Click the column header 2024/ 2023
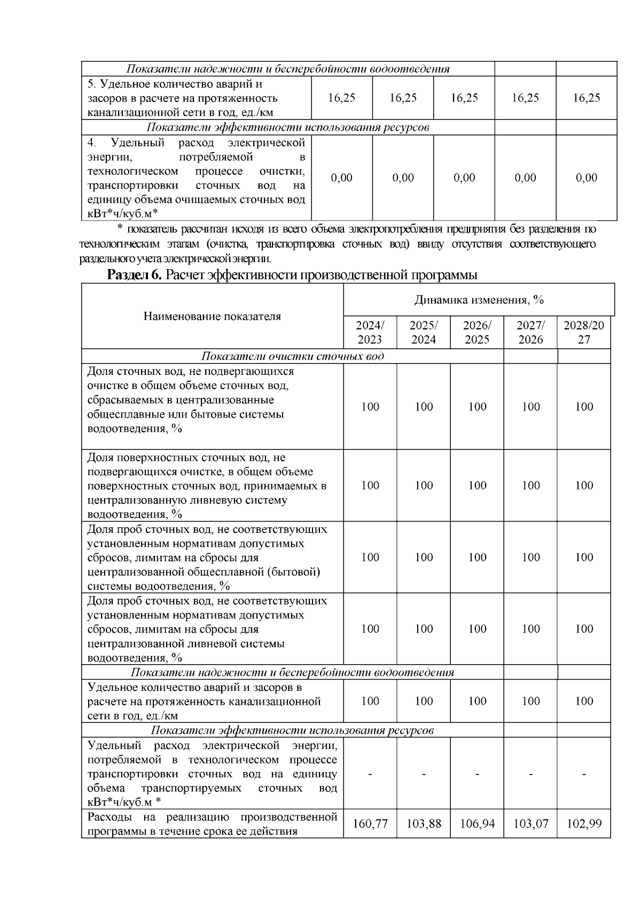coord(370,333)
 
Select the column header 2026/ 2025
coord(477,333)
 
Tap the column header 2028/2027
coord(584,333)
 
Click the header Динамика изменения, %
coord(479,300)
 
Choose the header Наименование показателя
coord(212,317)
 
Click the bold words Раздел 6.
coord(135,275)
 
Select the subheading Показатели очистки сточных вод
coord(292,357)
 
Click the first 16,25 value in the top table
coord(342,98)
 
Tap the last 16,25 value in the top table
coord(587,98)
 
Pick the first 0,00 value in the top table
coord(342,178)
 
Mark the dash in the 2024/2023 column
coord(370,774)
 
